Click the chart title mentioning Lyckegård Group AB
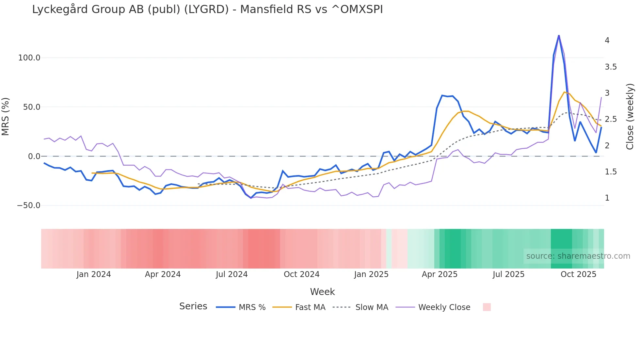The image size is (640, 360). tap(207, 9)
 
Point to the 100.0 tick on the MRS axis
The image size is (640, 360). tap(29, 58)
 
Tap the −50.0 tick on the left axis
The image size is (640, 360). tap(28, 205)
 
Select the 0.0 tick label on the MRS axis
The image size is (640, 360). tap(34, 156)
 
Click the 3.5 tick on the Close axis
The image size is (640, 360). tap(611, 67)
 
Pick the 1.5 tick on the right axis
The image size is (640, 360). tap(611, 172)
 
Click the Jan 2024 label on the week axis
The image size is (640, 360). tap(94, 274)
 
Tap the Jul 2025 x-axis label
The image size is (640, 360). tap(508, 274)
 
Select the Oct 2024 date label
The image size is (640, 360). tap(301, 274)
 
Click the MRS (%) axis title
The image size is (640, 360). tap(6, 117)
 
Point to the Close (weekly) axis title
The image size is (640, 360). tap(630, 117)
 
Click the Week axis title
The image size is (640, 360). tap(322, 292)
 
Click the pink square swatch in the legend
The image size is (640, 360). tap(487, 307)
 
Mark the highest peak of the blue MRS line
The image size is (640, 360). tap(559, 36)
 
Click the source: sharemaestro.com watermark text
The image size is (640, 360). tap(578, 256)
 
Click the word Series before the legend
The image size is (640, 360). tap(193, 306)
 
